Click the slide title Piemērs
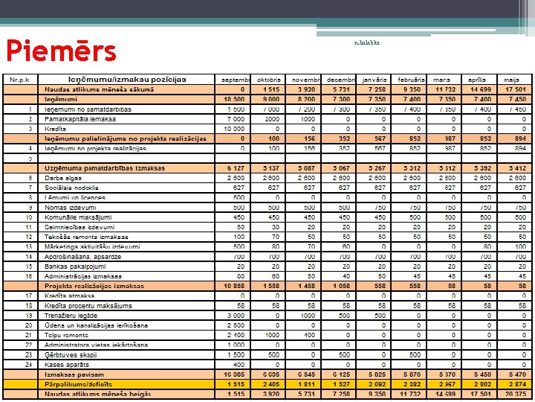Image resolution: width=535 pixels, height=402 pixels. tap(61, 50)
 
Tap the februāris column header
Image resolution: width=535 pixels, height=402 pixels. tap(412, 80)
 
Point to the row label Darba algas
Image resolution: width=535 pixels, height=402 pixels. tap(63, 178)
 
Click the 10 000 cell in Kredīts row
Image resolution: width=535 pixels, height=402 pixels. tap(235, 128)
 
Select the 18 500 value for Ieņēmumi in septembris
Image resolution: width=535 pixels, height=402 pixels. tap(235, 99)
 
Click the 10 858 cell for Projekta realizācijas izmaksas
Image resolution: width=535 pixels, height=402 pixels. tap(235, 286)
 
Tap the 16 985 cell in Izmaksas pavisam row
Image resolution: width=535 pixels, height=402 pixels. tap(235, 374)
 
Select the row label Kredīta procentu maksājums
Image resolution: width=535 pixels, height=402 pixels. tap(86, 305)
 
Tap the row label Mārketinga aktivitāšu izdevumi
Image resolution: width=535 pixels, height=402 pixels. tap(92, 246)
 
